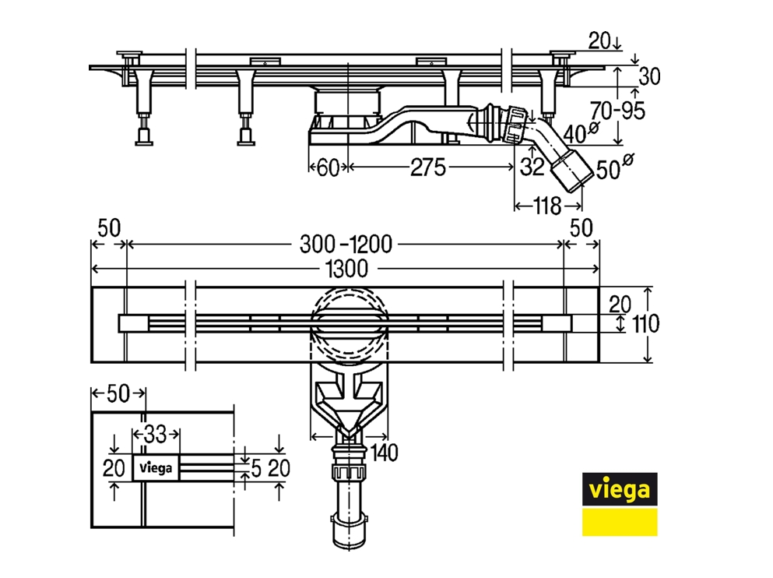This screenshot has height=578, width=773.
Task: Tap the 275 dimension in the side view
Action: tap(427, 167)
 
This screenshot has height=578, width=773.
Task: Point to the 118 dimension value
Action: tap(548, 206)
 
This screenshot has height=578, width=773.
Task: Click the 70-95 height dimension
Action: tap(618, 111)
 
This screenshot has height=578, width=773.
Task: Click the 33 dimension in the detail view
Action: tap(157, 433)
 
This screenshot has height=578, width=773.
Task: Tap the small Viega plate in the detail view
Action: tap(157, 468)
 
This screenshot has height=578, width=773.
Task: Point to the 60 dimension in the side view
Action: tap(327, 167)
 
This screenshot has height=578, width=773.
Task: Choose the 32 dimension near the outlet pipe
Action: tap(531, 166)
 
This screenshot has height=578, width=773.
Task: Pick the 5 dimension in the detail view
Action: tap(256, 468)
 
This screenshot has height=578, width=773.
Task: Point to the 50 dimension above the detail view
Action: tap(117, 394)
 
